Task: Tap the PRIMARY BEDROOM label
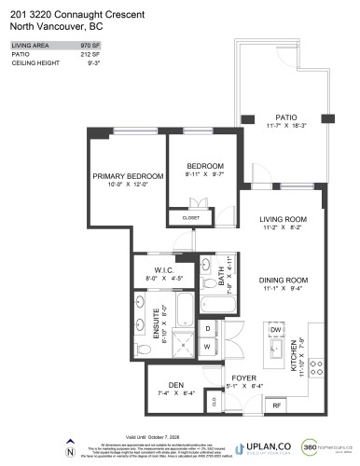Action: (x=128, y=175)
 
